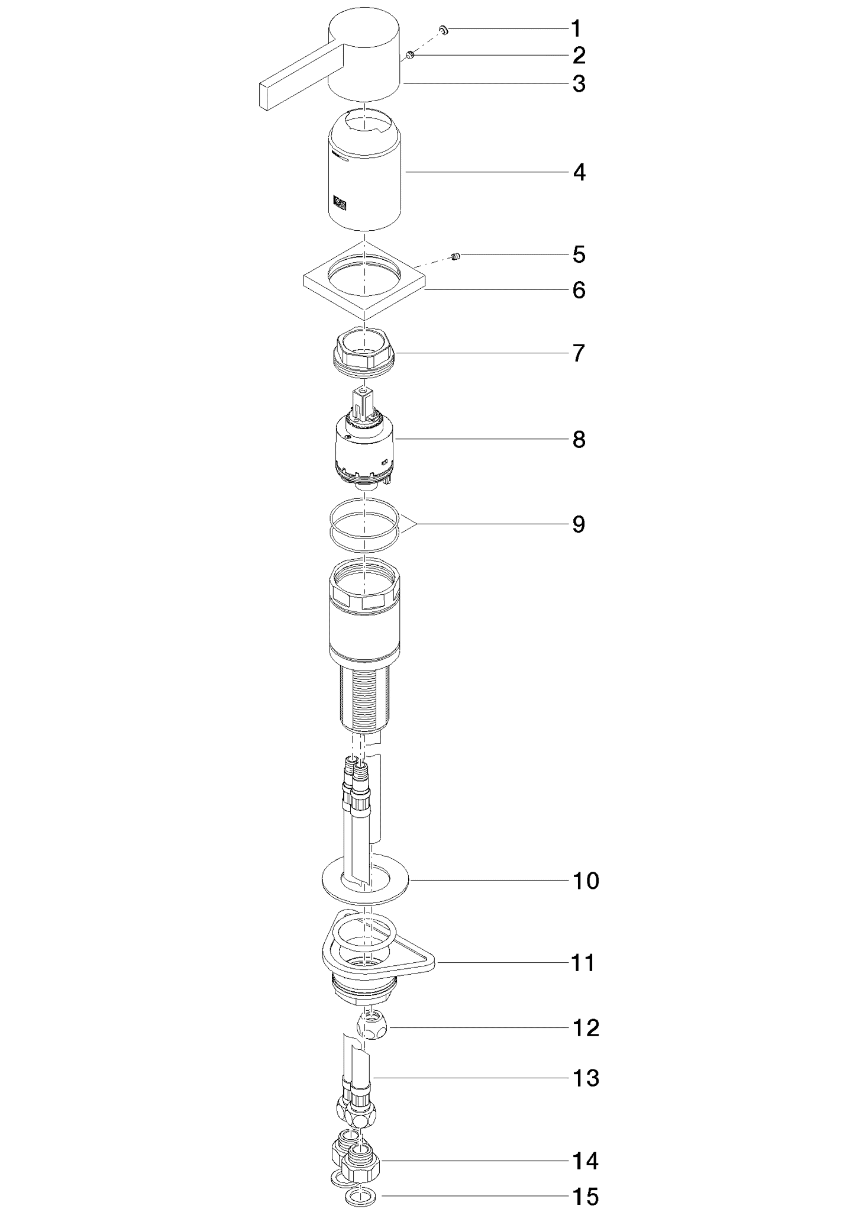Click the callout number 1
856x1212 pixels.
coord(576,28)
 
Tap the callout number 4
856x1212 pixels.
coord(579,172)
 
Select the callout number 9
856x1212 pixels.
coord(579,524)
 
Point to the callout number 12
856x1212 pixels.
coord(586,1027)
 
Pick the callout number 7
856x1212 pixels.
coord(579,353)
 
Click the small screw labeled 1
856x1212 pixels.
coord(443,29)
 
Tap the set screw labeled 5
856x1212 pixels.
coord(456,256)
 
